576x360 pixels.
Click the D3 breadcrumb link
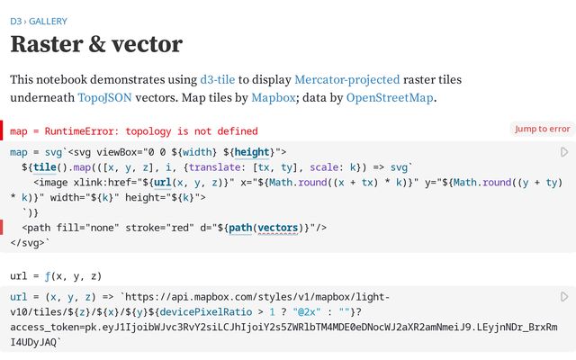[x=15, y=21]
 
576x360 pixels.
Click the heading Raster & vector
[x=96, y=43]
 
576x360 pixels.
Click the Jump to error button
[x=542, y=129]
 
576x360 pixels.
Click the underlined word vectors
[x=280, y=228]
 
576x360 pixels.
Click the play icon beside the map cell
[x=564, y=152]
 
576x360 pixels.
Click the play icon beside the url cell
[x=564, y=296]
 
